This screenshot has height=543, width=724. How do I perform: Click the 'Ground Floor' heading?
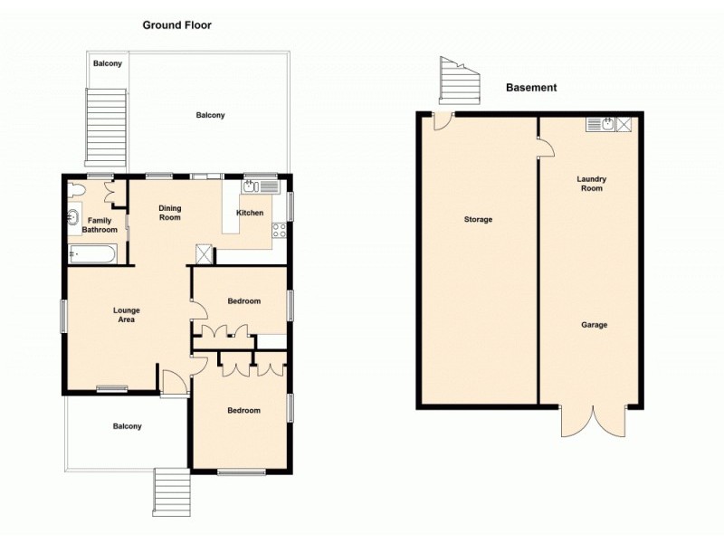click(x=176, y=25)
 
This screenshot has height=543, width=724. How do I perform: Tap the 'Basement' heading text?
click(x=530, y=88)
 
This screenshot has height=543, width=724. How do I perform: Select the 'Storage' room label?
click(x=478, y=220)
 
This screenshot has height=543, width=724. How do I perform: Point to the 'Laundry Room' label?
click(x=591, y=184)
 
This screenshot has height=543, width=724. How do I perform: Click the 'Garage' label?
click(x=594, y=325)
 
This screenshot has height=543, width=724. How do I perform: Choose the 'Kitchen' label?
click(x=250, y=213)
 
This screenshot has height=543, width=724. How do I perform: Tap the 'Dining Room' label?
click(x=170, y=213)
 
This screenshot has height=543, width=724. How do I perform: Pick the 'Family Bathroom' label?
click(x=100, y=225)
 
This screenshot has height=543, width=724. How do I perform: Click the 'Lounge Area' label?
click(x=126, y=315)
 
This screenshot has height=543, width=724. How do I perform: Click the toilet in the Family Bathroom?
click(x=76, y=190)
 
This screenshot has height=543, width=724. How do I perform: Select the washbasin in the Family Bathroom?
click(x=73, y=218)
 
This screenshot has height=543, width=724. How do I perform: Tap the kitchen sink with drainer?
click(x=260, y=186)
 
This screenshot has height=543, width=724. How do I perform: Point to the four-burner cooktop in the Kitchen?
click(x=281, y=229)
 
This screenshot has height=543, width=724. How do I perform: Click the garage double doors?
click(x=593, y=420)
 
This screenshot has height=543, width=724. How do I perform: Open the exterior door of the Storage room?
click(x=442, y=121)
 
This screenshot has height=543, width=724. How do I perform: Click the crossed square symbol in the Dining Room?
click(x=205, y=254)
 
